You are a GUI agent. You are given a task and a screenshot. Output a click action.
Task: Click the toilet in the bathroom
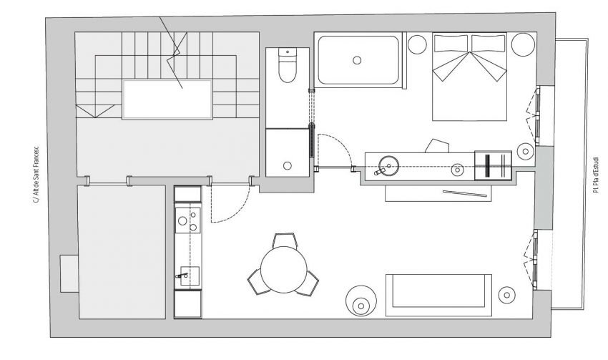(x=288, y=65)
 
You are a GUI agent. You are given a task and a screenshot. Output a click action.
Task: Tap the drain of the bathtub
(x=357, y=60)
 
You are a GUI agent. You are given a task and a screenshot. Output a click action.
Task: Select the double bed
(x=469, y=77)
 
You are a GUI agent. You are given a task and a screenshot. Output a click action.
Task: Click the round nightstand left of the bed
(x=417, y=44)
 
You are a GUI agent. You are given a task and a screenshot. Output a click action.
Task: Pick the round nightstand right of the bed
(x=523, y=44)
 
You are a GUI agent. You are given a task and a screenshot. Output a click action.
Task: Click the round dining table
(x=284, y=270)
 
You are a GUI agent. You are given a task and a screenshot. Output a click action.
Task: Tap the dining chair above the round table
(x=285, y=240)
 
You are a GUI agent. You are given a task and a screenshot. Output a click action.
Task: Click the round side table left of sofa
(x=361, y=301)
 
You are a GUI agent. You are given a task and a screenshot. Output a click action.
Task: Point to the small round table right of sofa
(x=506, y=295)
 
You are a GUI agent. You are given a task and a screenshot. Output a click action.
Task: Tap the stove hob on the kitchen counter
(x=187, y=220)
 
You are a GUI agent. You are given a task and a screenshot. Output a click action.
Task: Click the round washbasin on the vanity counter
(x=388, y=166)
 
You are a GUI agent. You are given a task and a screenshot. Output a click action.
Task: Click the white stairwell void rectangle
(x=167, y=99)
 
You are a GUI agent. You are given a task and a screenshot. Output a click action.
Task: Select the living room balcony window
(x=535, y=260)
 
